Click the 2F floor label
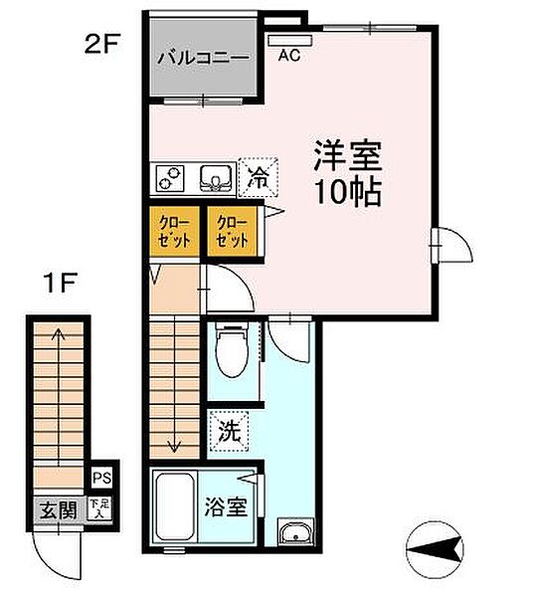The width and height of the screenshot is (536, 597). (x=100, y=46)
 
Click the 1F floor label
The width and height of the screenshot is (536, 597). (x=57, y=283)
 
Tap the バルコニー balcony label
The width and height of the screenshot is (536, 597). (x=202, y=58)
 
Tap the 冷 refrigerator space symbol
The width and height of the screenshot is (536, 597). (x=257, y=179)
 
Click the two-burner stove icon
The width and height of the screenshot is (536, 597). (x=170, y=179)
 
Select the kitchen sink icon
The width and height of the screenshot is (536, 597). (x=214, y=179)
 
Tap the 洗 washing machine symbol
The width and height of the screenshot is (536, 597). (x=228, y=433)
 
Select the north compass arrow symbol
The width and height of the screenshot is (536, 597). (x=434, y=547)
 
